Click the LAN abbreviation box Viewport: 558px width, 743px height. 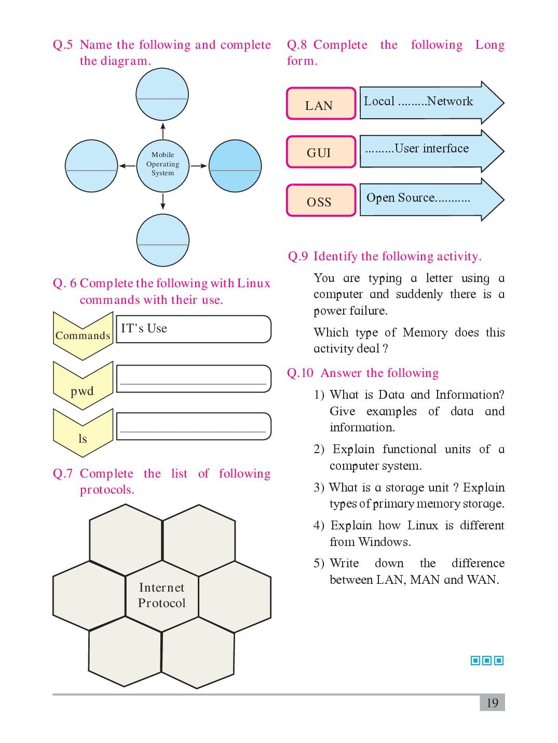click(321, 103)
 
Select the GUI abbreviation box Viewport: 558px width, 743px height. click(321, 151)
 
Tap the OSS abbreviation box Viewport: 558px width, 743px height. click(321, 200)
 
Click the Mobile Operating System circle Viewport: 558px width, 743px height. click(162, 165)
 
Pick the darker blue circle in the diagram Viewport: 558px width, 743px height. click(235, 165)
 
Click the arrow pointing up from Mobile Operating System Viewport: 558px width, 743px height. click(163, 131)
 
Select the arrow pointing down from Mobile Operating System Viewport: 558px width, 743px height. click(163, 201)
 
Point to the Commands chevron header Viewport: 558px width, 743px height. click(83, 336)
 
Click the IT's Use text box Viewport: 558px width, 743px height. click(194, 329)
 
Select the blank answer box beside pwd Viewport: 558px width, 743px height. click(194, 378)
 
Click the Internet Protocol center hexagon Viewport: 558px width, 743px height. click(162, 596)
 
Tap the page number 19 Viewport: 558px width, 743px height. click(492, 703)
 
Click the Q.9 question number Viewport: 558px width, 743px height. click(298, 256)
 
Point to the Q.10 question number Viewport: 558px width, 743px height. click(300, 373)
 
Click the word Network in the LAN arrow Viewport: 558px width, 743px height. click(450, 101)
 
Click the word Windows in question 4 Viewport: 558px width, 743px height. click(385, 542)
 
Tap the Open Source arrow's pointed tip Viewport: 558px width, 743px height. click(504, 200)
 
